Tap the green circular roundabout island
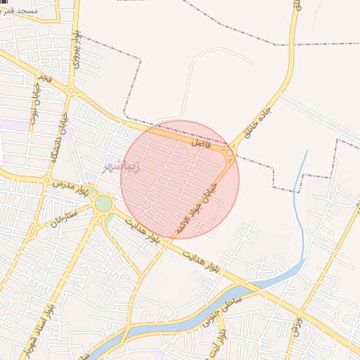click(x=103, y=204)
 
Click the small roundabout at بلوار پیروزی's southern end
click(x=71, y=90)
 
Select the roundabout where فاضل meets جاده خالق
click(x=230, y=152)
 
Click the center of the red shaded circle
click(x=180, y=180)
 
